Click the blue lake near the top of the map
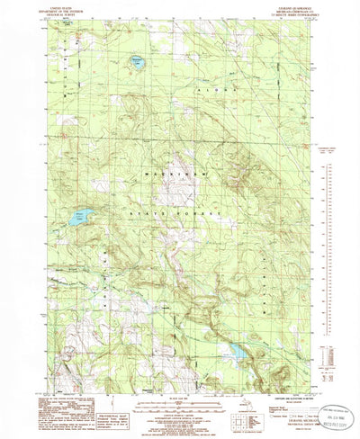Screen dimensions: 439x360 point(137,63)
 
